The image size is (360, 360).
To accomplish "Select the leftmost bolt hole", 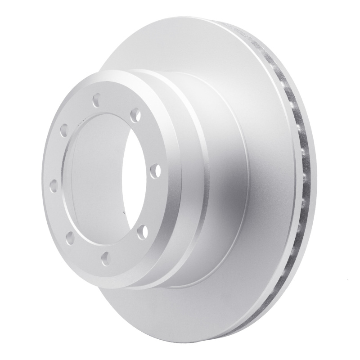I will tap(54, 185).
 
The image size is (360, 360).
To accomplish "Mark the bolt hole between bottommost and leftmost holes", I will tap(70, 236).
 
